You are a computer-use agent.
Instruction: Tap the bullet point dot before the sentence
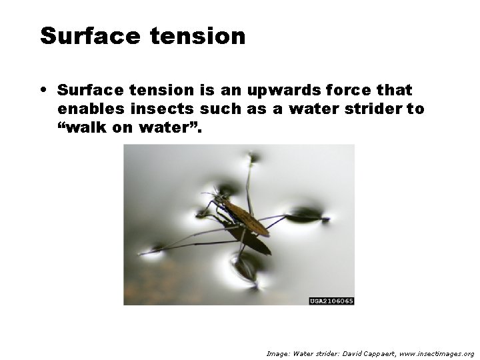(x=43, y=89)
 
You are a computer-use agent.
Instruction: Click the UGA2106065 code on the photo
(x=331, y=301)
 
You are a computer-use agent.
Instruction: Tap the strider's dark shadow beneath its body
(x=253, y=241)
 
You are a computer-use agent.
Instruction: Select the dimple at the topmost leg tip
(x=253, y=159)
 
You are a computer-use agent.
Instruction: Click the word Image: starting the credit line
(x=278, y=353)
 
